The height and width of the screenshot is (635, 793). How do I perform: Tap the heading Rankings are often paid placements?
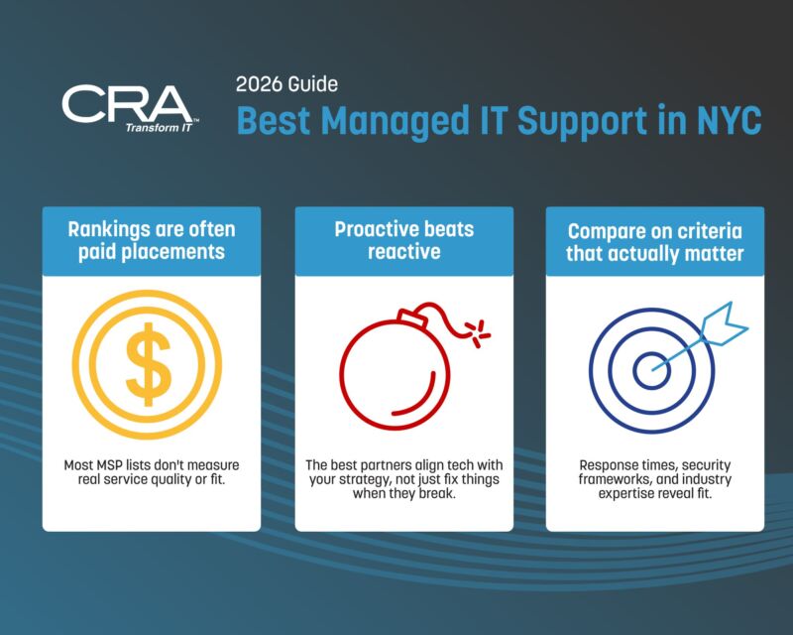tap(152, 240)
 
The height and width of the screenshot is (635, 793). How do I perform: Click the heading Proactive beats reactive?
tap(403, 240)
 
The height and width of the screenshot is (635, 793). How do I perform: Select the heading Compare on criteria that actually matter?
tap(655, 241)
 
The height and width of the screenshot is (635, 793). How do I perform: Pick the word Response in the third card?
tap(612, 464)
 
